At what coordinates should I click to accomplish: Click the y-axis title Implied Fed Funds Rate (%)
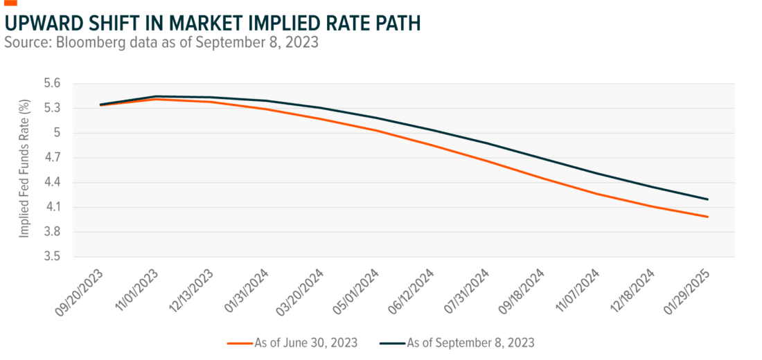pos(24,168)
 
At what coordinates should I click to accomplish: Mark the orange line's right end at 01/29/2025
pos(707,217)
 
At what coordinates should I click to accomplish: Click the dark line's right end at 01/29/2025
pos(707,199)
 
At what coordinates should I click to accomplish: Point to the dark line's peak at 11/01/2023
pos(157,96)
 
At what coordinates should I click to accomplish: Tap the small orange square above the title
pos(10,2)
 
